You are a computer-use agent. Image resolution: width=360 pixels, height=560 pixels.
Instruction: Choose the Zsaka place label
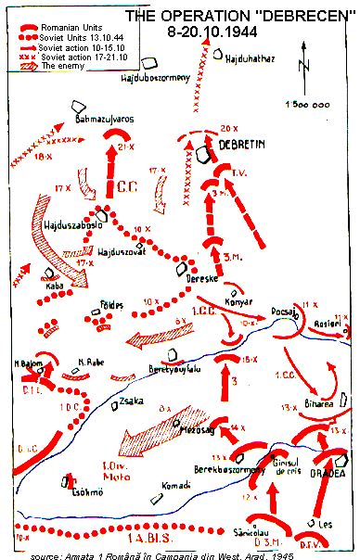pos(130,401)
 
